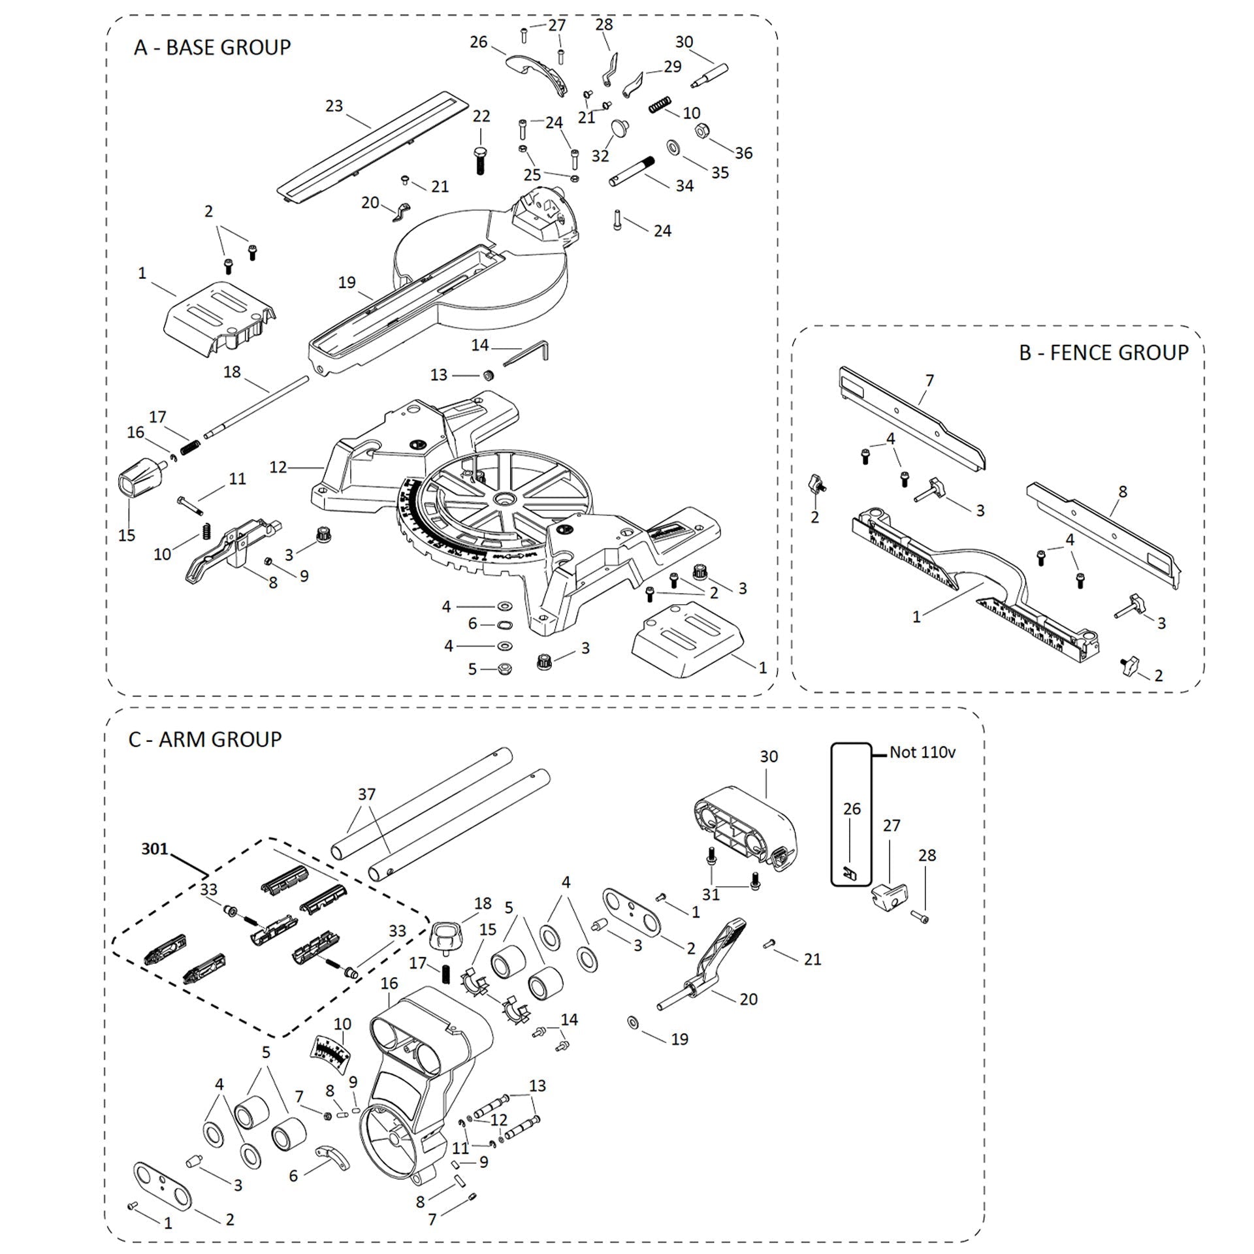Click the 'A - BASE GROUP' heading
(x=212, y=48)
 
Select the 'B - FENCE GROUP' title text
(x=1103, y=353)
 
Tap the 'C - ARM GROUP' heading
(x=205, y=739)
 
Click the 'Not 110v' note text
(x=922, y=752)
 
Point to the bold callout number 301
(x=155, y=849)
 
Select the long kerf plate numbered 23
(x=370, y=148)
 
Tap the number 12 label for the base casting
(x=278, y=468)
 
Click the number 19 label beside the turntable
(x=347, y=282)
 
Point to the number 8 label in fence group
(x=1123, y=492)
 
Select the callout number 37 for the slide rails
(x=366, y=794)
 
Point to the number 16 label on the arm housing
(x=389, y=983)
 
